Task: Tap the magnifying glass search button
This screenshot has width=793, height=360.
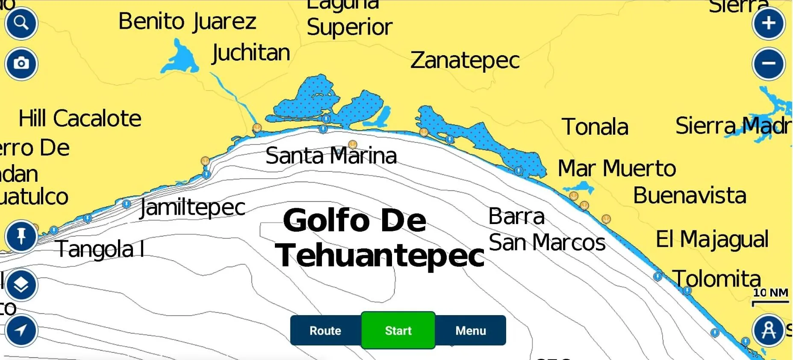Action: coord(21,23)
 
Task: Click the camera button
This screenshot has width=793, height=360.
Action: coord(21,64)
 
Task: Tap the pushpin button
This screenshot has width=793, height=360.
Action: coord(21,236)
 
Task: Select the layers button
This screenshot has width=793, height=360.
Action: coord(21,285)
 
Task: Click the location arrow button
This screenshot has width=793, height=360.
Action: coord(21,330)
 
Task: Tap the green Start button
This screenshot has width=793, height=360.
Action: coord(398,330)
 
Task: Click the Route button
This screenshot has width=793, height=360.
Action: coord(325,330)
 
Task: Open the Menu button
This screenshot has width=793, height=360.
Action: coord(471,330)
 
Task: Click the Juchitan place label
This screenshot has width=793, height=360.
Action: coord(251,53)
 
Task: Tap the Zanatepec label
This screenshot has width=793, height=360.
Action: coord(465,60)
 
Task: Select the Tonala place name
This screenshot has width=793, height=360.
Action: coord(595,127)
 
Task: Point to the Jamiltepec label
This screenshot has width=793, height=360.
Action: coord(193,208)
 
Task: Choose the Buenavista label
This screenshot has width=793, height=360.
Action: coord(690,196)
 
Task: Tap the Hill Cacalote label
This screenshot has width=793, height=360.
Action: coord(80,118)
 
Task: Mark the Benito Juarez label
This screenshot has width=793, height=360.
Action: coord(187,21)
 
